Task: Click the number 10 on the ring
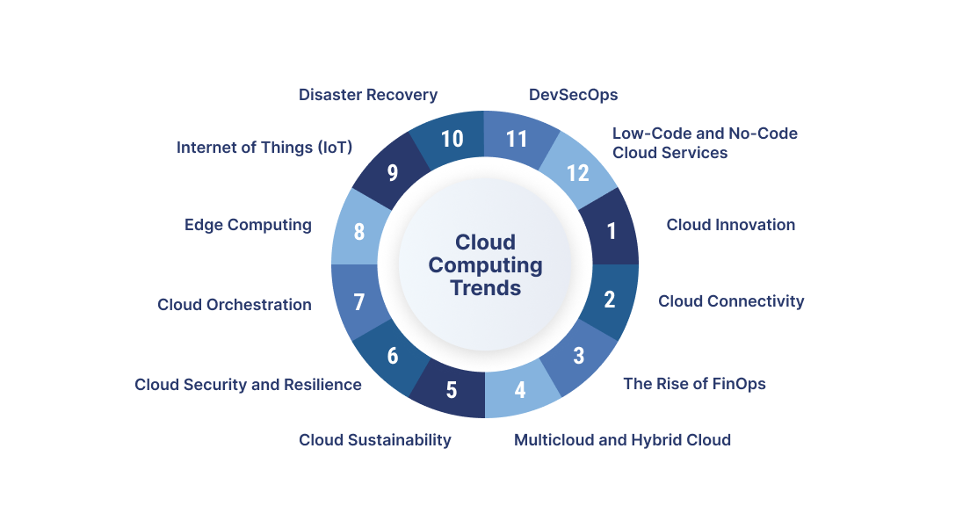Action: click(x=452, y=139)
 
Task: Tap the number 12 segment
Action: click(x=577, y=173)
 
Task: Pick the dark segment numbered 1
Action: click(x=612, y=232)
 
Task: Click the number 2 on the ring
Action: click(x=610, y=300)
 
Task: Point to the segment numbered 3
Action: click(x=578, y=356)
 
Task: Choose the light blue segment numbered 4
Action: click(x=520, y=388)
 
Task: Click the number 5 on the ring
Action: click(x=452, y=389)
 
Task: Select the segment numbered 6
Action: click(x=393, y=356)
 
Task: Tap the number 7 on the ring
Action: click(x=358, y=302)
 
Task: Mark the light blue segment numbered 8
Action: click(x=358, y=233)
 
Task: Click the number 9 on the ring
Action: click(x=392, y=173)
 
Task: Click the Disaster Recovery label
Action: click(x=368, y=95)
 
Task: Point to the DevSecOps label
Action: click(x=574, y=95)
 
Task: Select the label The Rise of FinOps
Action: click(x=694, y=384)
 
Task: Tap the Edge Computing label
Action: click(x=248, y=225)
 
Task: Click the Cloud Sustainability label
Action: click(x=375, y=440)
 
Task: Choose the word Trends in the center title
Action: click(x=486, y=287)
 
